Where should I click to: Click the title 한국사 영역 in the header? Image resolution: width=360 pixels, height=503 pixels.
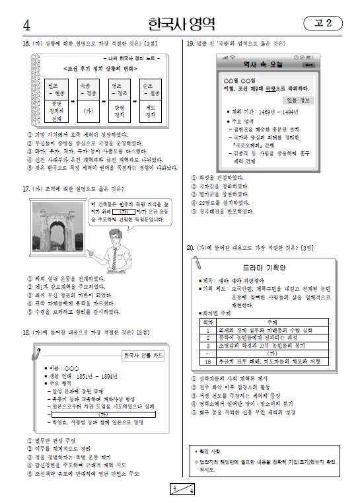point(180,24)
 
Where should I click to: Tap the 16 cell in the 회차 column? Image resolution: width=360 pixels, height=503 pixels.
point(208,362)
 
